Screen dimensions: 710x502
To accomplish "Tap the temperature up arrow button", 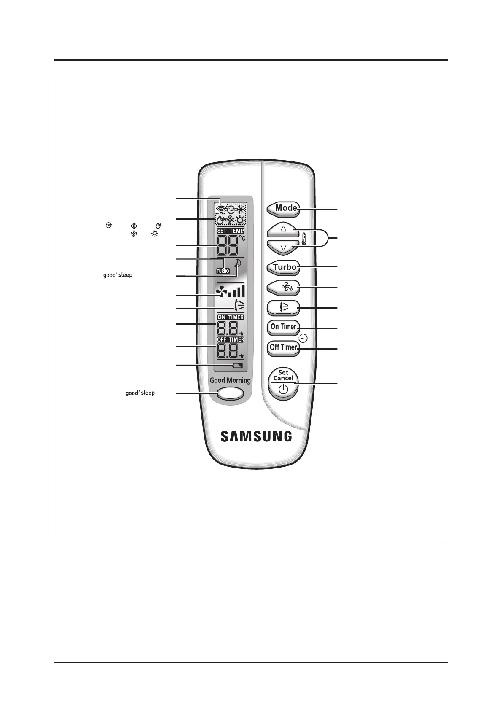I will tap(283, 229).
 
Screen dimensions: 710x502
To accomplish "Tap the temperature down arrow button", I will tap(283, 247).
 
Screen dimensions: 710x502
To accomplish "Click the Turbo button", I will tap(284, 267).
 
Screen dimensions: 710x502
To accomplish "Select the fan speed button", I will tap(283, 288).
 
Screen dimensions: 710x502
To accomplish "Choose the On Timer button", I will tap(283, 327).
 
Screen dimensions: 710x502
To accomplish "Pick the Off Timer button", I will tap(283, 347).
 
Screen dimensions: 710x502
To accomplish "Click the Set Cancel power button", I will tap(283, 383).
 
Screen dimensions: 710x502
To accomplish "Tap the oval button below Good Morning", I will tap(230, 393).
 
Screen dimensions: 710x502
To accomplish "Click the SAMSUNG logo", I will tap(256, 436).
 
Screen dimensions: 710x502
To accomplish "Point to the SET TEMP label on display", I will tap(231, 231).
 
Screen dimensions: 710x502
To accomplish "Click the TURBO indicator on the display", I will tap(223, 271).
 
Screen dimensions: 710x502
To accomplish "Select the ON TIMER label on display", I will tap(231, 317).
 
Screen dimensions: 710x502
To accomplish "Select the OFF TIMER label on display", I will tap(231, 339).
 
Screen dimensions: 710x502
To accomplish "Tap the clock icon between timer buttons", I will tap(303, 338).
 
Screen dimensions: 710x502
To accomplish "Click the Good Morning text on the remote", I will tap(230, 380).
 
